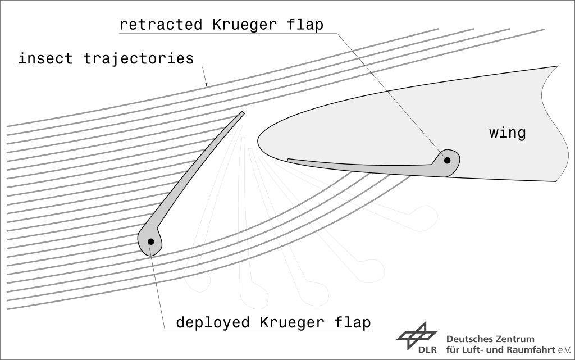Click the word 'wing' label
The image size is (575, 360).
tap(507, 133)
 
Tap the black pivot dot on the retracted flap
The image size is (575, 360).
tap(448, 160)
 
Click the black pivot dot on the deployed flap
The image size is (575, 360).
tap(151, 241)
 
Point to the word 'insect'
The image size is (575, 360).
tap(45, 58)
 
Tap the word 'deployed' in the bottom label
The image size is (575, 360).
tap(213, 323)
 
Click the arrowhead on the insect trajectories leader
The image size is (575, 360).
tap(206, 85)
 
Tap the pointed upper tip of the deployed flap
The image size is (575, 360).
tap(243, 113)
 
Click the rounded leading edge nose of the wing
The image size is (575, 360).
tap(259, 138)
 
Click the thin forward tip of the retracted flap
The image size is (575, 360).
tap(289, 160)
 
